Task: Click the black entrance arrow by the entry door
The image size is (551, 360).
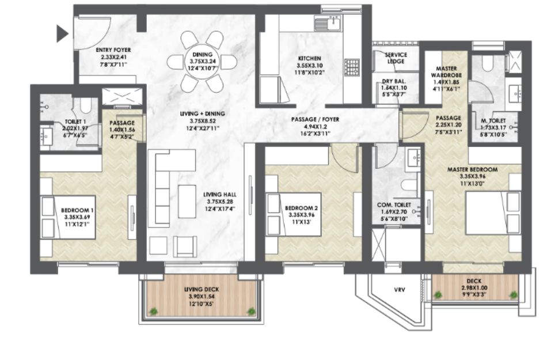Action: pos(62,34)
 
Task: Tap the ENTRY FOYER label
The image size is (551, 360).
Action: pos(113,50)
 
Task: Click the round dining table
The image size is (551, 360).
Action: pos(202,62)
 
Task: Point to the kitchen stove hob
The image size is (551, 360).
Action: pos(352,67)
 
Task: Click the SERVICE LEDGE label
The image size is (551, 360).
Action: pos(396,58)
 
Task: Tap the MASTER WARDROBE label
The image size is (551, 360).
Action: pos(446,72)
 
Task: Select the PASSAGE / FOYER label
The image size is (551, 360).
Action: pos(315,120)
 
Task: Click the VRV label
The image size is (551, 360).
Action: pos(399,290)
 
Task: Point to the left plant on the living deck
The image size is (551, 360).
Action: pos(153,311)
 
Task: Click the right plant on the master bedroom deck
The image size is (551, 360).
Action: pos(514,294)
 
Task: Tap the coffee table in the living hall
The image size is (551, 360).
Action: pos(187,202)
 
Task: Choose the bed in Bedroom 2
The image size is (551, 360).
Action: pos(294,214)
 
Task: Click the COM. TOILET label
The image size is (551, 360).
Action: pos(394,204)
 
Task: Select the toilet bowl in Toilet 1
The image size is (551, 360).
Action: pos(85,105)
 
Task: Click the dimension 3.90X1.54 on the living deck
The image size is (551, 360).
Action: pos(202,297)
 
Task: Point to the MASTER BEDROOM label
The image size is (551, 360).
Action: pos(472,169)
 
